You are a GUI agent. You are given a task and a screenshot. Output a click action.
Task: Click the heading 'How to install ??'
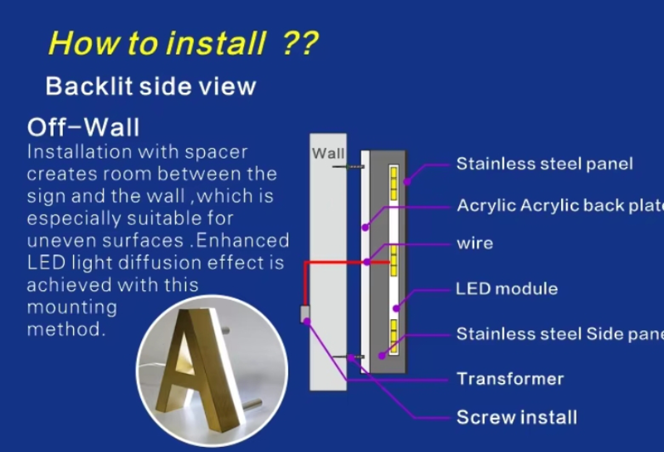pyautogui.click(x=183, y=43)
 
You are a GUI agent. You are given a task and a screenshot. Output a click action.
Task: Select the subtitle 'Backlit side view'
pyautogui.click(x=151, y=86)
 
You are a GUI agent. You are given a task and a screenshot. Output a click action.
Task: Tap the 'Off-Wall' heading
pyautogui.click(x=83, y=127)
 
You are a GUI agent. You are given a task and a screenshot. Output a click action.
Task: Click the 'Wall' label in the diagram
pyautogui.click(x=328, y=153)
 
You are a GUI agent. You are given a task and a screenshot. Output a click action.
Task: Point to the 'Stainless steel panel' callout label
pyautogui.click(x=544, y=164)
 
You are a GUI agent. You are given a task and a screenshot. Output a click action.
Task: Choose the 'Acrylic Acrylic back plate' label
pyautogui.click(x=560, y=205)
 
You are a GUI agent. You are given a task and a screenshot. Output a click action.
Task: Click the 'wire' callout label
pyautogui.click(x=475, y=243)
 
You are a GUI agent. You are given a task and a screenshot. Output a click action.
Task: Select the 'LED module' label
pyautogui.click(x=507, y=289)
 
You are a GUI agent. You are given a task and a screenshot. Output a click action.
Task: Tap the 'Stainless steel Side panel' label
pyautogui.click(x=559, y=334)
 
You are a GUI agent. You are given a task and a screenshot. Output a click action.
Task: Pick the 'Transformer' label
pyautogui.click(x=510, y=379)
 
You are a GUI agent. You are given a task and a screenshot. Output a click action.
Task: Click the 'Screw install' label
pyautogui.click(x=516, y=417)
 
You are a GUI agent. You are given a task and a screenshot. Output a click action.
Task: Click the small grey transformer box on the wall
pyautogui.click(x=305, y=314)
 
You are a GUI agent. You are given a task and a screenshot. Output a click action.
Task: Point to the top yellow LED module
pyautogui.click(x=393, y=183)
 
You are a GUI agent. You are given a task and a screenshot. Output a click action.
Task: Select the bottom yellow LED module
pyautogui.click(x=393, y=337)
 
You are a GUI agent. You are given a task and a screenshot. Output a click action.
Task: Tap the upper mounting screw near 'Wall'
pyautogui.click(x=348, y=167)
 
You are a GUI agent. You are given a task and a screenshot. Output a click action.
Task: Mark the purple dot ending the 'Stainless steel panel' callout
pyautogui.click(x=407, y=182)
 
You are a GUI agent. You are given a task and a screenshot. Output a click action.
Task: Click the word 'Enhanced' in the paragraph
pyautogui.click(x=242, y=240)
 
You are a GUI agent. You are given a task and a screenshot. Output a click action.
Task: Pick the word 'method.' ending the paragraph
pyautogui.click(x=66, y=329)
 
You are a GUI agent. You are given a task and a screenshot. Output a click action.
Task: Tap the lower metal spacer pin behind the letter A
pyautogui.click(x=253, y=403)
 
